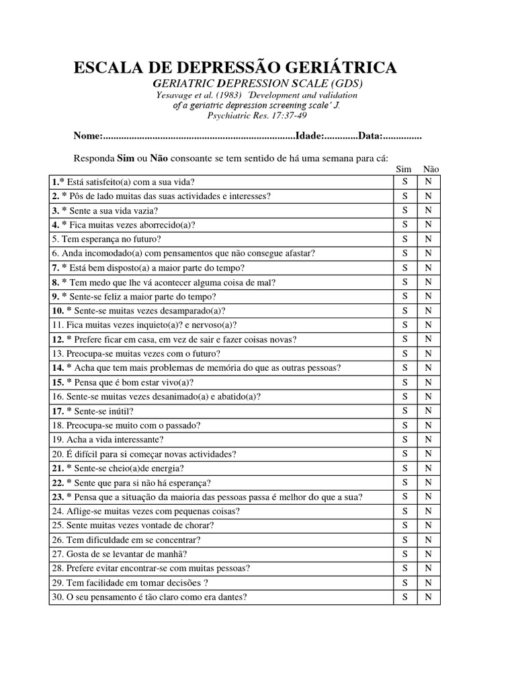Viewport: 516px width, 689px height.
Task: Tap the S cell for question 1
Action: [x=404, y=182]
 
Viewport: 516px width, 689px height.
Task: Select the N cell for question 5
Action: [x=428, y=239]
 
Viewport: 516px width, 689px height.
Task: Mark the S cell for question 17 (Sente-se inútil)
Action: [x=404, y=411]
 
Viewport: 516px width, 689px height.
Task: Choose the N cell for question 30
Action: [x=428, y=597]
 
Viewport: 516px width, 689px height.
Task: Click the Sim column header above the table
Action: [x=404, y=170]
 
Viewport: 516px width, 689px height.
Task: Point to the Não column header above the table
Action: [x=431, y=170]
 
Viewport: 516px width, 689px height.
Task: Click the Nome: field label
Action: [x=87, y=137]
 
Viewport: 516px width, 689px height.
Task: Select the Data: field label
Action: [x=370, y=137]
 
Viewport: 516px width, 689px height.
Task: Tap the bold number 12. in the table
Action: [x=57, y=339]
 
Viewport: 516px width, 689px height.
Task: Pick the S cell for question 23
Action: [x=404, y=497]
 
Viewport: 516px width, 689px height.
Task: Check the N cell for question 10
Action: [x=428, y=311]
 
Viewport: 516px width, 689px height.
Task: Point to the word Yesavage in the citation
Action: [x=173, y=95]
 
